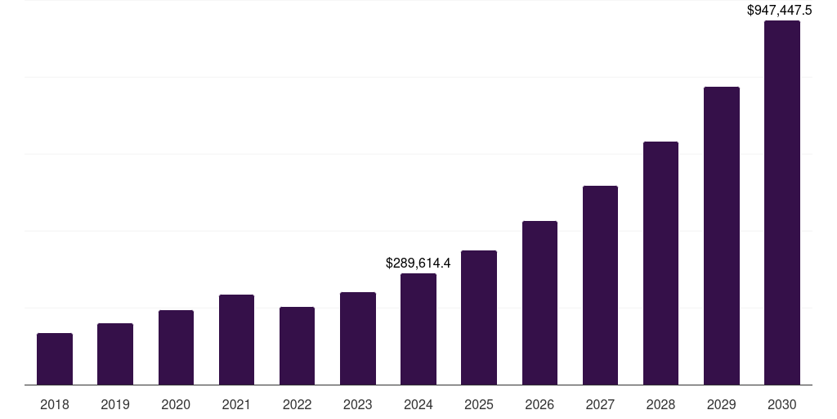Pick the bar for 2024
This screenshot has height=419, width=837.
pyautogui.click(x=418, y=329)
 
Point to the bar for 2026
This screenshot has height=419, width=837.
pyautogui.click(x=539, y=303)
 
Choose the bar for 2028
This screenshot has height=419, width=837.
pyautogui.click(x=660, y=263)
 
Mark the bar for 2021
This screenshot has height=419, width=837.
pyautogui.click(x=236, y=340)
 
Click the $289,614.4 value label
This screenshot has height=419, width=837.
pyautogui.click(x=418, y=263)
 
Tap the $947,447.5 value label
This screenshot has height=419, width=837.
pyautogui.click(x=780, y=11)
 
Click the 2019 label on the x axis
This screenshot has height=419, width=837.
pyautogui.click(x=115, y=404)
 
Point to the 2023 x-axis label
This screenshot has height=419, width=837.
pyautogui.click(x=357, y=404)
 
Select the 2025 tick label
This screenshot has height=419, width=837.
pyautogui.click(x=479, y=404)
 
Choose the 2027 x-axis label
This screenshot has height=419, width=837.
pyautogui.click(x=600, y=404)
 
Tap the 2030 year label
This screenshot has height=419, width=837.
pyautogui.click(x=781, y=404)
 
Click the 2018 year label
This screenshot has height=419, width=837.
pyautogui.click(x=55, y=404)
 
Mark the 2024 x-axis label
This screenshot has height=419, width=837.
pyautogui.click(x=418, y=404)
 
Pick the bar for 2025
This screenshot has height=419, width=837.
pyautogui.click(x=479, y=318)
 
